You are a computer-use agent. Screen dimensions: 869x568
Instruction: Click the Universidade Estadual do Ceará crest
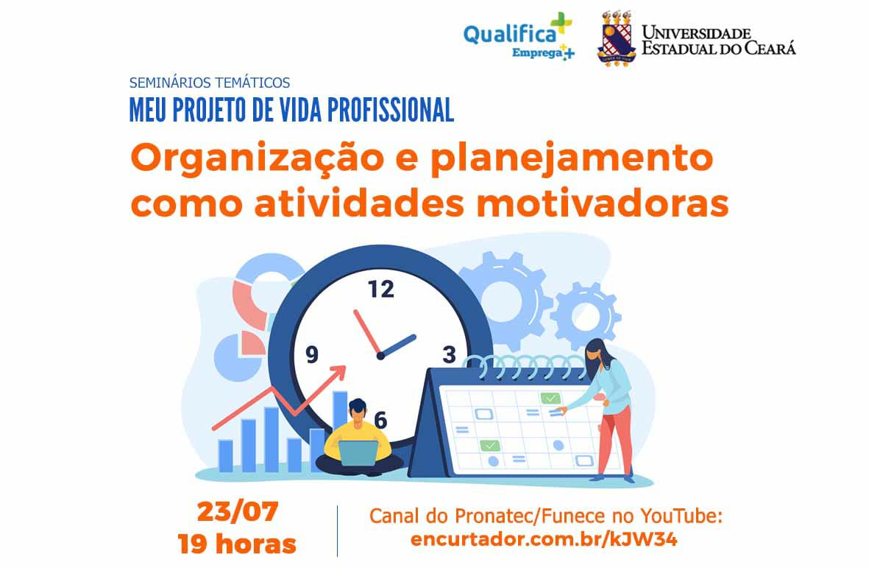coord(617,38)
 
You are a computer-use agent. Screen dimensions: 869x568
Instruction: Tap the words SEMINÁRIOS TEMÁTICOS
coord(210,83)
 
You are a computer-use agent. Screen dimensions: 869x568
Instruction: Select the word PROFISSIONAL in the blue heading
coord(391,110)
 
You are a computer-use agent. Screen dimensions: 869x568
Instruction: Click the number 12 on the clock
coord(380,289)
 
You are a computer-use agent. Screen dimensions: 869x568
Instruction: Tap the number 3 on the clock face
coord(449,354)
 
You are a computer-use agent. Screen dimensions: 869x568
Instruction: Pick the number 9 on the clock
coord(312,354)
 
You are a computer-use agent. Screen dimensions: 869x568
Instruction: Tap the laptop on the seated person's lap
coord(358,452)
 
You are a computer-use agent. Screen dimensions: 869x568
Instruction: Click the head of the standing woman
coord(596,351)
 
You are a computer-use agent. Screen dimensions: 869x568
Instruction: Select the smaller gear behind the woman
coord(586,315)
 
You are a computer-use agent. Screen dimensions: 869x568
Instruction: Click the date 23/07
coord(237,511)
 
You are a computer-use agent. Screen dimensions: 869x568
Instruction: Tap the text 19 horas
coord(237,544)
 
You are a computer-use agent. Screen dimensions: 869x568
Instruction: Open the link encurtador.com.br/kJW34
coord(544,539)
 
